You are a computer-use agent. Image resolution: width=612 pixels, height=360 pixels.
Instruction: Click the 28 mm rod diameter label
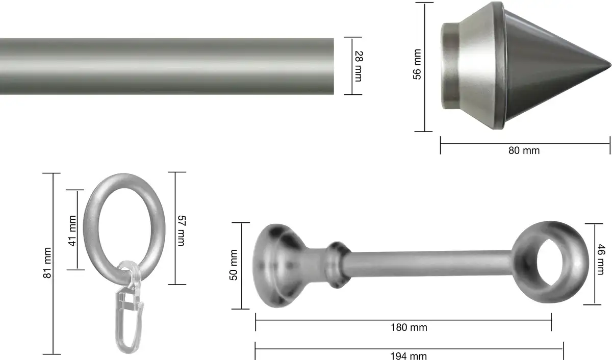[359, 66]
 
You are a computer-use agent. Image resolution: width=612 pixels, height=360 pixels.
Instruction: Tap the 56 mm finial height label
[417, 64]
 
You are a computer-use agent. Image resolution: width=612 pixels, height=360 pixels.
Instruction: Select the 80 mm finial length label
[524, 150]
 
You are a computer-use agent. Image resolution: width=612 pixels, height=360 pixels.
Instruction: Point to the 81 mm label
[47, 263]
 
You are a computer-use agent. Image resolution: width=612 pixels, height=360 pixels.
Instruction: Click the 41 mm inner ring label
[72, 231]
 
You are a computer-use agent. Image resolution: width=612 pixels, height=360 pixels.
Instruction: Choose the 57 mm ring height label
[182, 231]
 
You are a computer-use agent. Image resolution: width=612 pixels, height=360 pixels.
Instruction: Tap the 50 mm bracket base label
[234, 265]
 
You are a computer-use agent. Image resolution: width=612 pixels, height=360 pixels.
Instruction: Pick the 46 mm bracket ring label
[601, 260]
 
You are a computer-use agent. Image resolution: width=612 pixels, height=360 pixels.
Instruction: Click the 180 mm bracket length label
[409, 327]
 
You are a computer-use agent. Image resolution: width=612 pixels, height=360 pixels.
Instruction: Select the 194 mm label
[409, 355]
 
